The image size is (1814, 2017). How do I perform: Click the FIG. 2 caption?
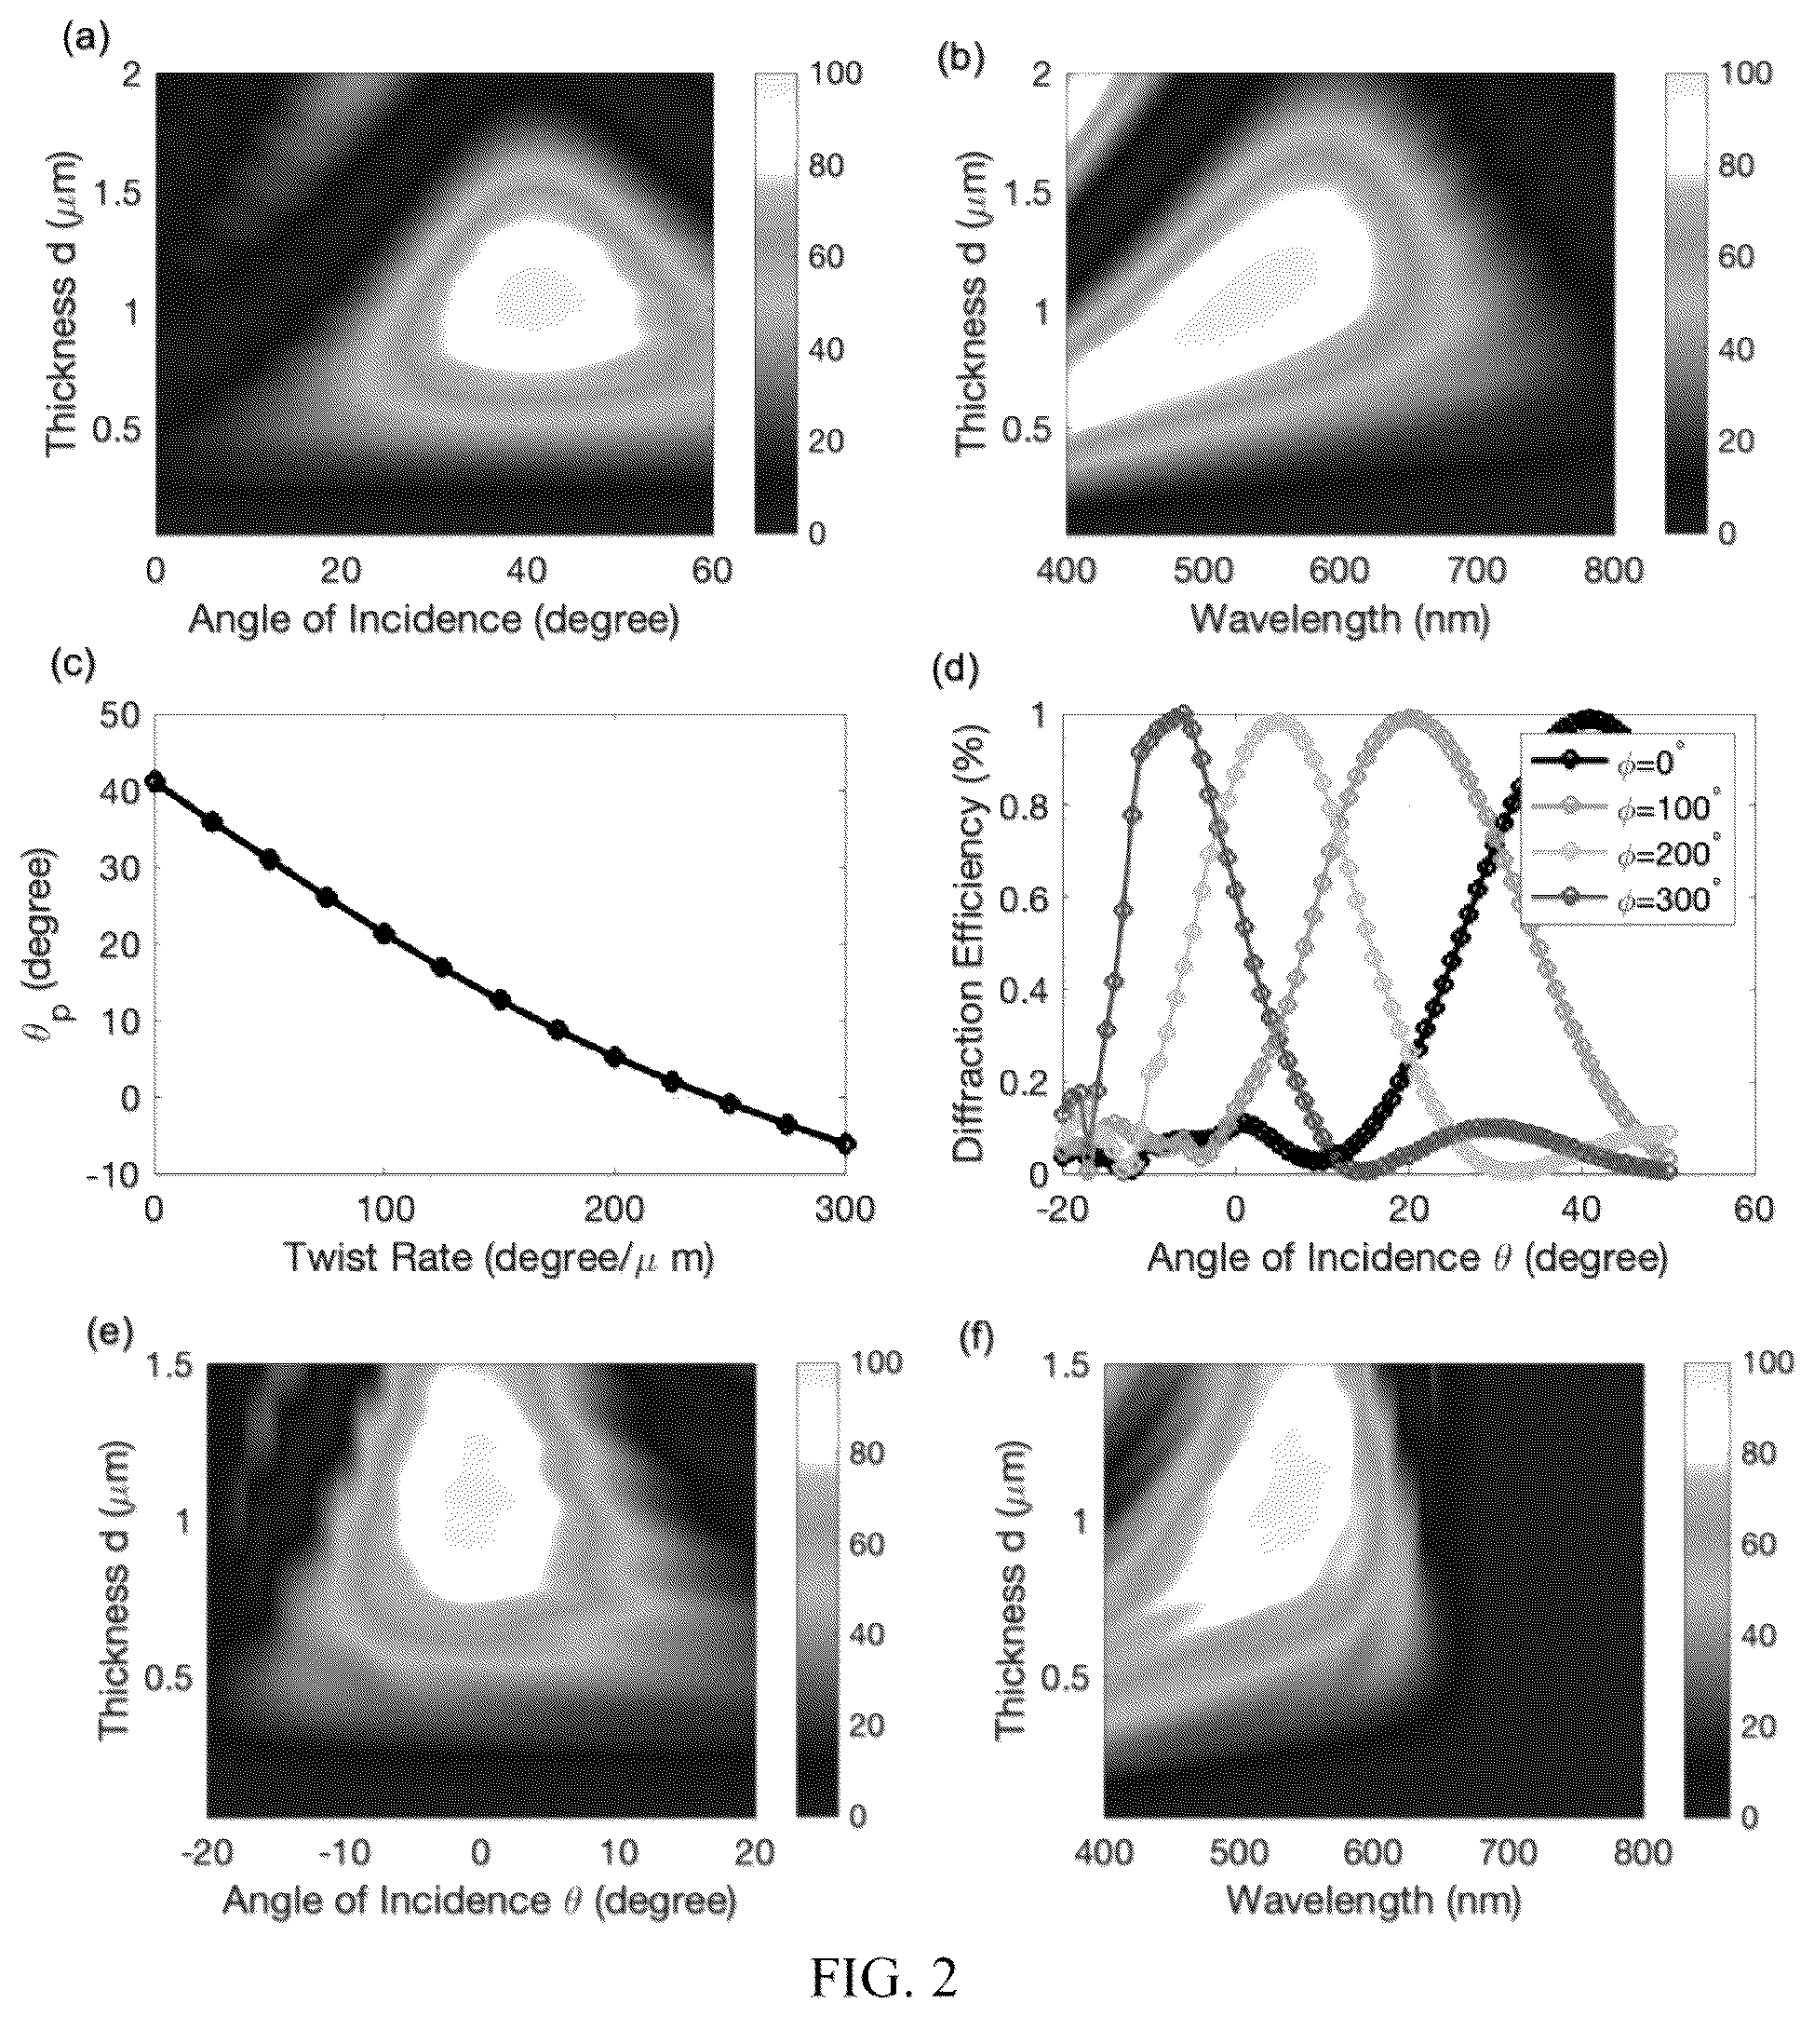coord(883,1977)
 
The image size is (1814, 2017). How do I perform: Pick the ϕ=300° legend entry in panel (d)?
coord(1626,900)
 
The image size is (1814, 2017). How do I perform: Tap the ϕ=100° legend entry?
coord(1626,807)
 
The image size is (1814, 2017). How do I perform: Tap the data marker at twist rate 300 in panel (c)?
coord(846,1144)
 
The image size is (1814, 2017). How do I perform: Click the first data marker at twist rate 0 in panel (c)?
coord(155,780)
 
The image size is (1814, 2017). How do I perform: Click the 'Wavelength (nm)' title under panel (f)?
coord(1374,1902)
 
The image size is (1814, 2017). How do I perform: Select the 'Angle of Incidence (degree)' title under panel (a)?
coord(435,619)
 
